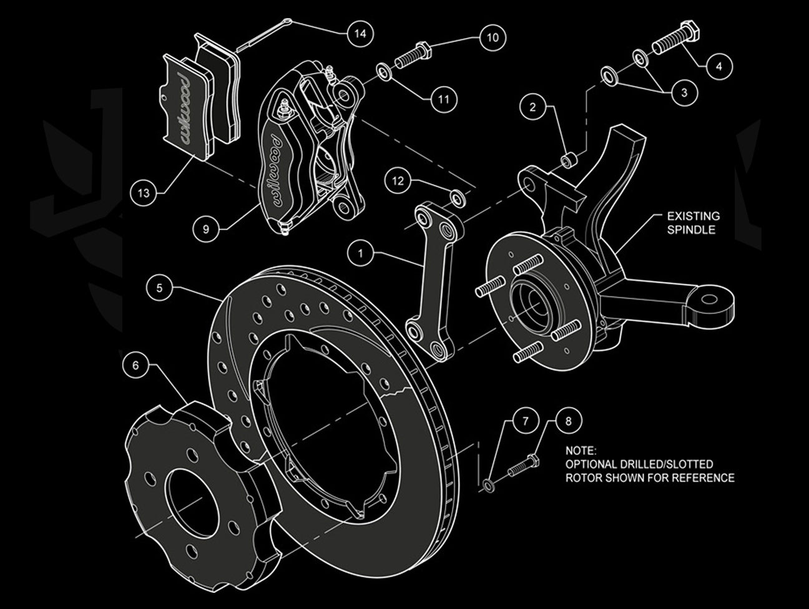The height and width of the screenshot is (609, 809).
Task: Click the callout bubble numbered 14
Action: click(359, 33)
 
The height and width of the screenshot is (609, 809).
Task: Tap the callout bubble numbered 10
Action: click(493, 37)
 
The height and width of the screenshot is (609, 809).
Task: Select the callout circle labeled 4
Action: click(719, 65)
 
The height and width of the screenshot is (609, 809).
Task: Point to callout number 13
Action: click(144, 193)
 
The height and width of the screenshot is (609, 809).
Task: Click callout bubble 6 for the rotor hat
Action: click(135, 366)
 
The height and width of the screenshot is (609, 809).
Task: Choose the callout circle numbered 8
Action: click(567, 421)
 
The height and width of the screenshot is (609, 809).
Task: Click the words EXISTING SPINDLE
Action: click(693, 223)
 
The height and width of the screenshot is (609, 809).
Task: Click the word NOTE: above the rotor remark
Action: click(581, 450)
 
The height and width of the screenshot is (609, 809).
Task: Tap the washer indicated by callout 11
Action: click(385, 74)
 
